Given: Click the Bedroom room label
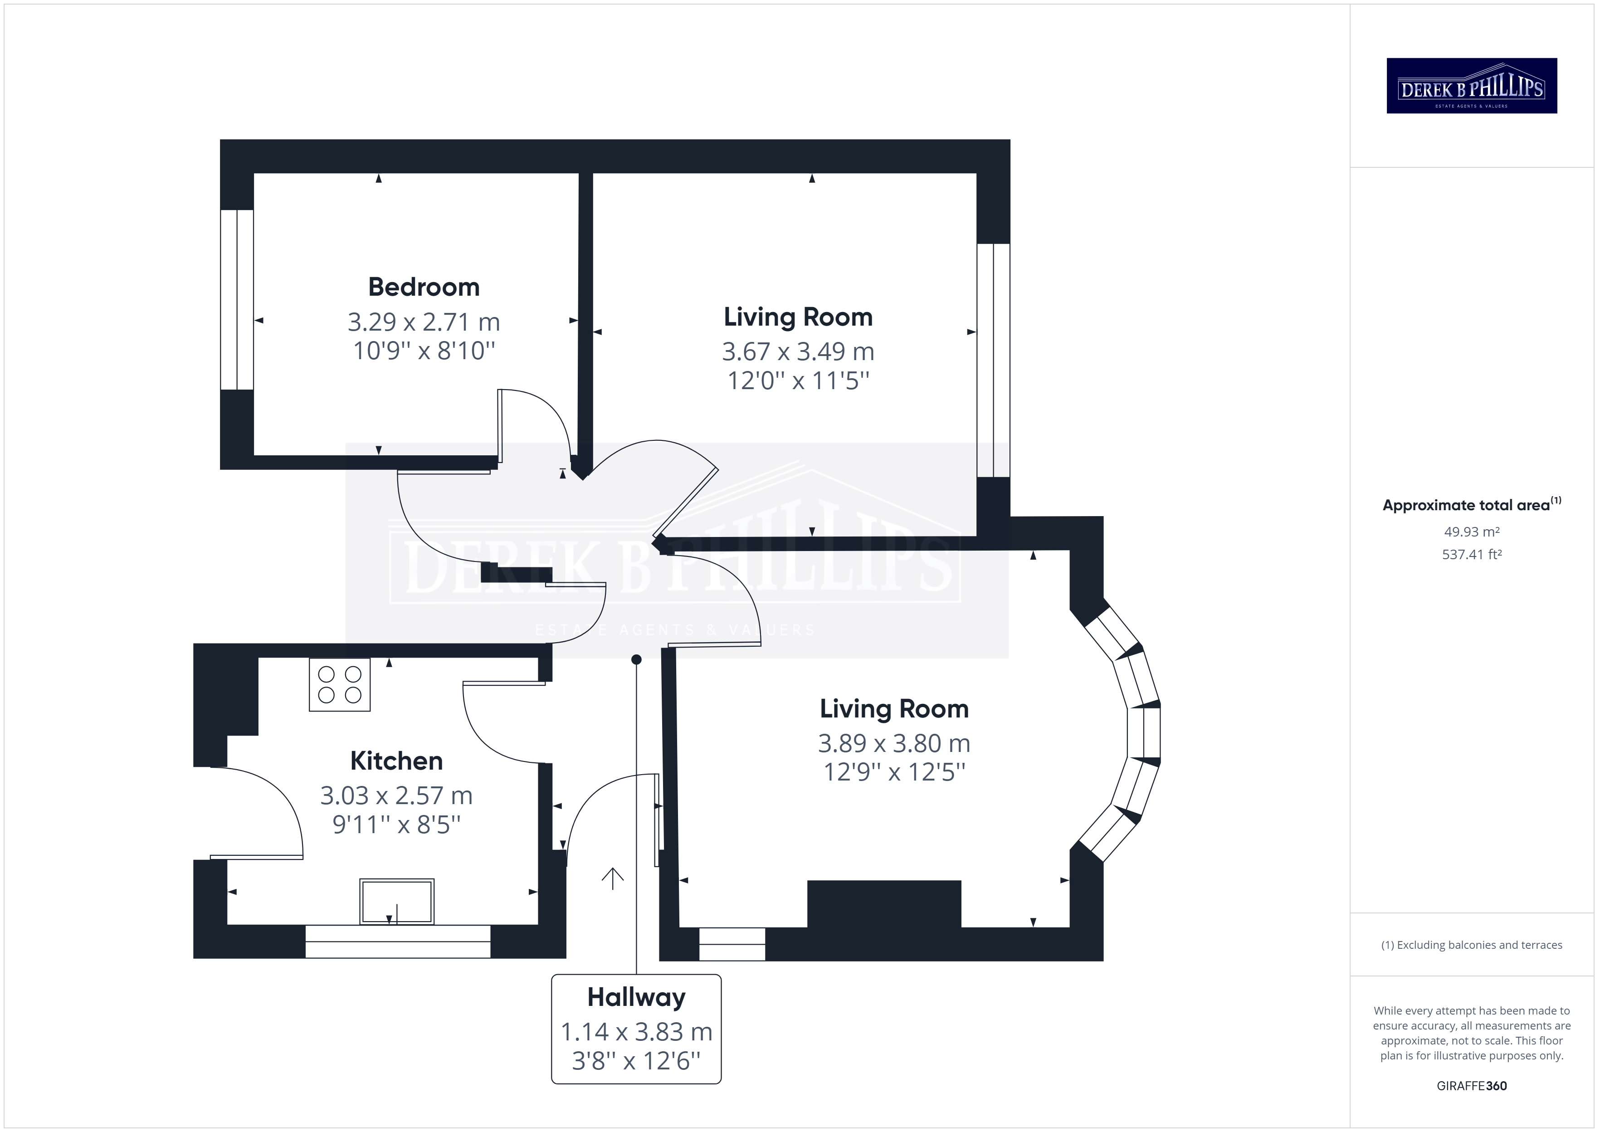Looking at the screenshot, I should point(424,287).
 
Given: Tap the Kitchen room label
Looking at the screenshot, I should point(396,761).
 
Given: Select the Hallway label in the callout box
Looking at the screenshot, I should point(636,997).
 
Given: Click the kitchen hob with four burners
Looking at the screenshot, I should point(339,684).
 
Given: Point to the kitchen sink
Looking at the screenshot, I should point(396,902).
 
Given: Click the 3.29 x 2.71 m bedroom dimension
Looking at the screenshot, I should point(424,322).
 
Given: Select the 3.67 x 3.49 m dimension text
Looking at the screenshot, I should point(798,351).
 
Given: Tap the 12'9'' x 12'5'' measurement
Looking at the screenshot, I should point(894,772).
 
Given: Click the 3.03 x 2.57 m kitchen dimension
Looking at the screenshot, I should point(396,795).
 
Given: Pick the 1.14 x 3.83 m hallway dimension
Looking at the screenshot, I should point(636,1032).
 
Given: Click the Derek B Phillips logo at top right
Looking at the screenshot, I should point(1472,86).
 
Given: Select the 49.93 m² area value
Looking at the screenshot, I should point(1472,532).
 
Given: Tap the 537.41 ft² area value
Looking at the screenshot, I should point(1472,555).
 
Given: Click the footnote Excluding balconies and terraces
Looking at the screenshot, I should point(1472,945).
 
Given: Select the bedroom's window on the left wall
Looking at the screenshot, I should point(237,300).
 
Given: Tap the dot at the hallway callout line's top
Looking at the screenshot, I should point(636,659).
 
